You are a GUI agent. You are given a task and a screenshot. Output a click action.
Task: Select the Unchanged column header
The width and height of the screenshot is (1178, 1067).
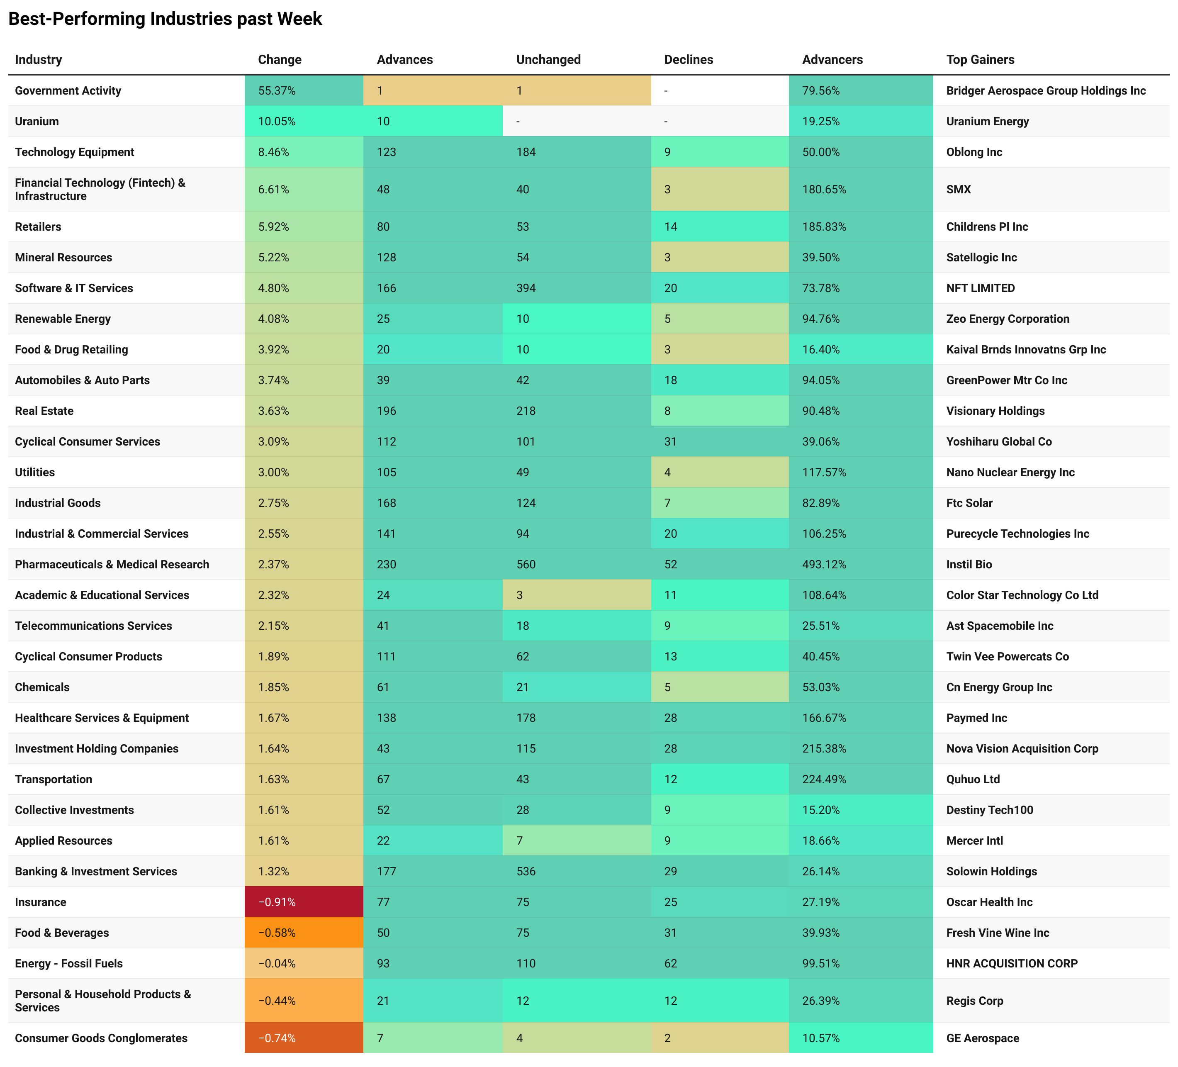[548, 60]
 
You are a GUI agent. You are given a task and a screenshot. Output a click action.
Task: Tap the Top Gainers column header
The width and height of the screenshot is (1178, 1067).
[980, 60]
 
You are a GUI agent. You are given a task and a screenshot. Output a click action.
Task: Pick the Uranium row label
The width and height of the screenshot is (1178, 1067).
[37, 122]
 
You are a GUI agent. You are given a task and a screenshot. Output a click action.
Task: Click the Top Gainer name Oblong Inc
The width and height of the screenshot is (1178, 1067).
[974, 152]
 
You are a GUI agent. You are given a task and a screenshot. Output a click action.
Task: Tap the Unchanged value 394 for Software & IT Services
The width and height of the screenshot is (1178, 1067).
[526, 288]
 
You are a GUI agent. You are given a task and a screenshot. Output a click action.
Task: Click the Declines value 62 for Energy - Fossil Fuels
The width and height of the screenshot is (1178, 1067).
[670, 963]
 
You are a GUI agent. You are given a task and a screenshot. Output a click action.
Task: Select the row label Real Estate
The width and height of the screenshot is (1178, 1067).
[44, 411]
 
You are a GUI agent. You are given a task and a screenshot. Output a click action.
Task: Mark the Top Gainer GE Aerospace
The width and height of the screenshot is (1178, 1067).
[982, 1038]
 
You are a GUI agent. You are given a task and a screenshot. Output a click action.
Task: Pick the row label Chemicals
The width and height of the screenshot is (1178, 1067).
[42, 687]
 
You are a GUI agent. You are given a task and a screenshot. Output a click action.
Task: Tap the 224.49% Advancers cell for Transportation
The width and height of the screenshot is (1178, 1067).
[824, 779]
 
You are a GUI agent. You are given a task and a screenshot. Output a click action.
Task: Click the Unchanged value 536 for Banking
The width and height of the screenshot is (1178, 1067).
[526, 871]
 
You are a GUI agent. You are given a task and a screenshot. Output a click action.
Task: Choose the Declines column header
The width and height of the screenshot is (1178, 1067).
[688, 60]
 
